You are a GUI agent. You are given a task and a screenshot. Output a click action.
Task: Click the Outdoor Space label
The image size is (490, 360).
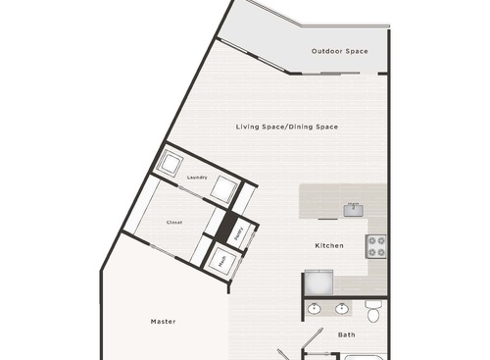pos(339,51)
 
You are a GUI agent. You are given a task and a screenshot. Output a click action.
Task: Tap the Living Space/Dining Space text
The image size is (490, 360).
pos(286,127)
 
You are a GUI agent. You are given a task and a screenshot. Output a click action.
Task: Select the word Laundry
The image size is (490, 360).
pos(196,178)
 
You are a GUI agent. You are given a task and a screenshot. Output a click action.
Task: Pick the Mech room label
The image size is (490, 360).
pos(222,260)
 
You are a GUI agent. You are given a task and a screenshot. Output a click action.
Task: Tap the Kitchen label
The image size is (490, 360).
pos(328,245)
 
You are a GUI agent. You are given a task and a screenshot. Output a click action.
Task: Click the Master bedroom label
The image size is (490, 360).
pos(163,321)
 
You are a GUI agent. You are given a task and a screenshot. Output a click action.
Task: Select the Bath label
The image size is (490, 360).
pos(347,334)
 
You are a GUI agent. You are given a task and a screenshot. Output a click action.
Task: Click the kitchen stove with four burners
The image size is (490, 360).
pos(376,246)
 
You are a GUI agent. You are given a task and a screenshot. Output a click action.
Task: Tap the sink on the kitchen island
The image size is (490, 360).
pos(352,208)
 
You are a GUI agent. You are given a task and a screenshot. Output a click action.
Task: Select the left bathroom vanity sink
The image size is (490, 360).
pos(315,310)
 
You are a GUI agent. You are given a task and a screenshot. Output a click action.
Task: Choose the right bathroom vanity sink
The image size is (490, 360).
pos(342,310)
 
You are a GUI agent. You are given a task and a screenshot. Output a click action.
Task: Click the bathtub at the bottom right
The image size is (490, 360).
pos(365,355)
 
